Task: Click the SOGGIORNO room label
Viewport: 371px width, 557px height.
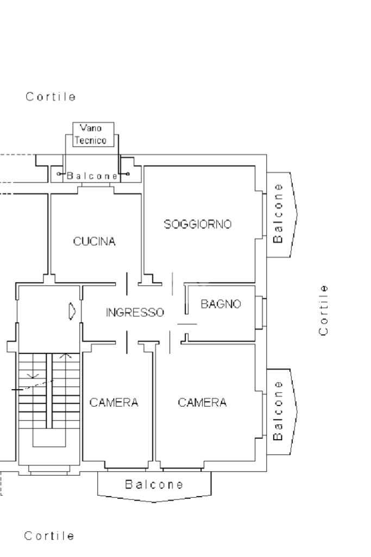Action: tap(197, 224)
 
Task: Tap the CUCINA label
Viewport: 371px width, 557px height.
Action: tap(94, 242)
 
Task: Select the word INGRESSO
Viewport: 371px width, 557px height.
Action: tap(135, 312)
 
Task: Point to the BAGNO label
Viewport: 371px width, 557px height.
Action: tap(221, 304)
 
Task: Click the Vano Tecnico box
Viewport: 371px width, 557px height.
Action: tap(93, 134)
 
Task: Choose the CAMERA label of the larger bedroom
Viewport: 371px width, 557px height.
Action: tap(202, 403)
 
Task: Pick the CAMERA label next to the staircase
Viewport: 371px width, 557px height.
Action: tap(114, 403)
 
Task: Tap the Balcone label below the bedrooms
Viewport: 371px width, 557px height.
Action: tap(154, 485)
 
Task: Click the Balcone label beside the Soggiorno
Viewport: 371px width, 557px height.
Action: tap(278, 213)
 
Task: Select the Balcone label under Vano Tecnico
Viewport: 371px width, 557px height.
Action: tap(92, 176)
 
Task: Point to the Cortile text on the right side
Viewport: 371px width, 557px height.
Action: tap(323, 310)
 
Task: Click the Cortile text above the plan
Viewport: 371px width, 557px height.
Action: tap(51, 97)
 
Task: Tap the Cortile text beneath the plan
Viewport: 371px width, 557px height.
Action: tap(49, 536)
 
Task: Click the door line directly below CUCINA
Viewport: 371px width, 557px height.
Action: tap(127, 284)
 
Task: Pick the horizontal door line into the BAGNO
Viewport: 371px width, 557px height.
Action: tap(187, 324)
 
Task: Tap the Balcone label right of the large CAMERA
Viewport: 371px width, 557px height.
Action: tap(278, 411)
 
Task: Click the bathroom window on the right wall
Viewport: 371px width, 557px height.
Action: tap(264, 312)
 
